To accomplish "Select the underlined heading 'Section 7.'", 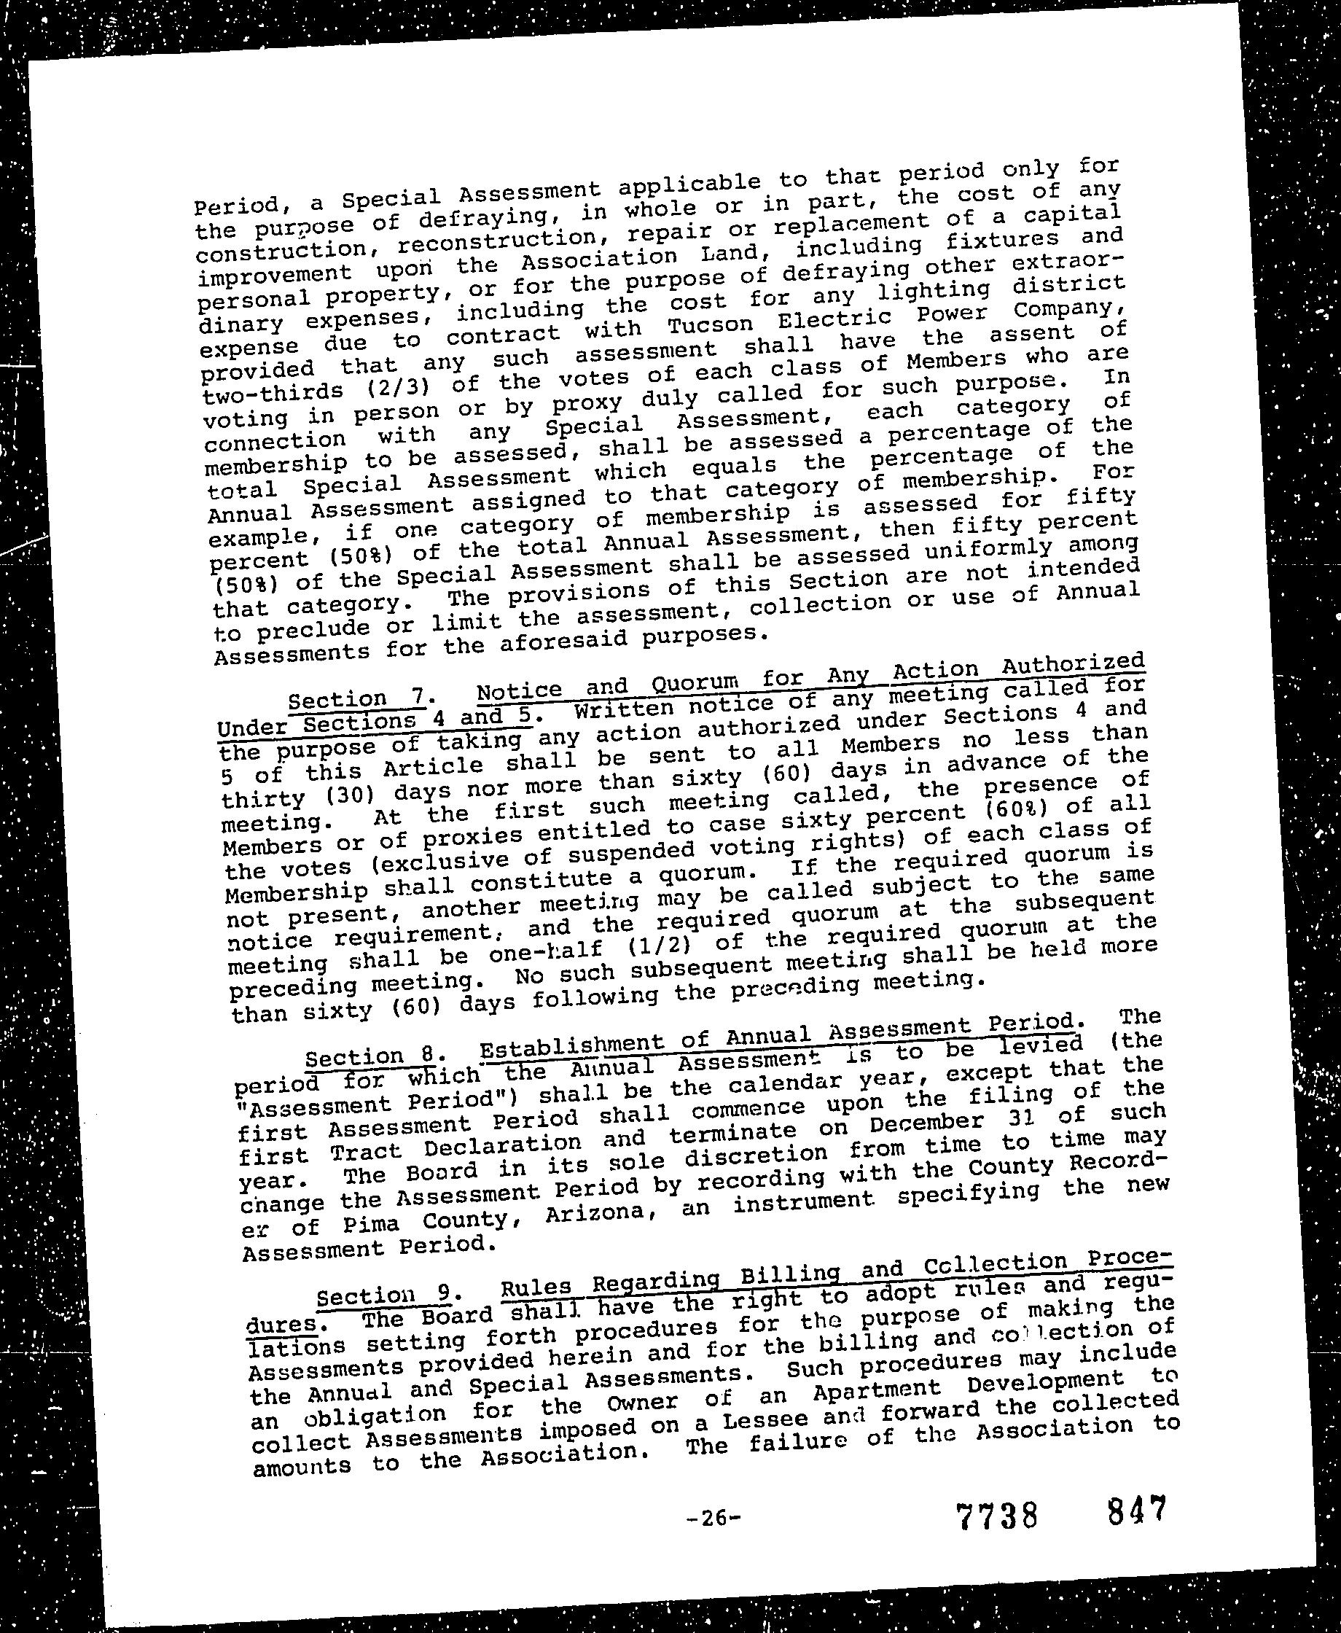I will coord(356,699).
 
